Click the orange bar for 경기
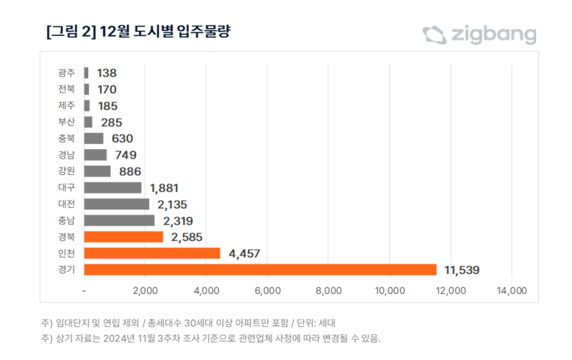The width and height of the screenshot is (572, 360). point(260,270)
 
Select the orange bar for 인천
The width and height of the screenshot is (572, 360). point(152,253)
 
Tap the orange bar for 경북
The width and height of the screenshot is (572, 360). point(124,237)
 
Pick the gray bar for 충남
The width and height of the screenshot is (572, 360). point(119,220)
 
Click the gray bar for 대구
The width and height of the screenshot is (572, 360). point(112,187)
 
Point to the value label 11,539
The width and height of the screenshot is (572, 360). point(462,270)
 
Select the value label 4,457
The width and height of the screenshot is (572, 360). point(245,253)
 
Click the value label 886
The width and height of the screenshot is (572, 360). point(130,171)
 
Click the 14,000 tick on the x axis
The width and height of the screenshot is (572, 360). point(512,290)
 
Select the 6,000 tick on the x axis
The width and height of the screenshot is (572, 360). point(268,290)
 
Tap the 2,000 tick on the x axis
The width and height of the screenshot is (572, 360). point(146,290)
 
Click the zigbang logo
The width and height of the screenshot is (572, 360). point(479,35)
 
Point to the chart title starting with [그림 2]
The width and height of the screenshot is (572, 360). point(140,32)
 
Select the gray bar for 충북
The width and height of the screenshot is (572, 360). point(94,138)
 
